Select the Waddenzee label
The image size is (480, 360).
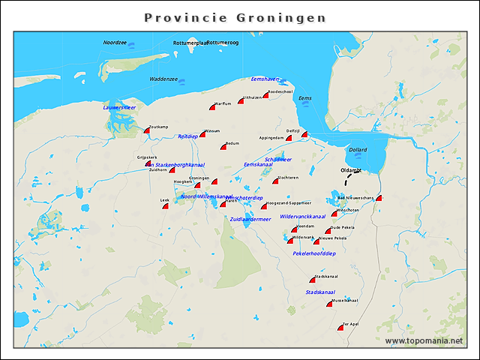pos(163,79)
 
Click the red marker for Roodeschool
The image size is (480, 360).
pos(265,95)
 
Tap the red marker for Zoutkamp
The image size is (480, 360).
pos(148,130)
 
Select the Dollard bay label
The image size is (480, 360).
pos(358,150)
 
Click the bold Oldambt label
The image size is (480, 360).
pos(351,170)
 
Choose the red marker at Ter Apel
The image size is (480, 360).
pos(340,327)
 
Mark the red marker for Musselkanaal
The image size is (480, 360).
pos(329,304)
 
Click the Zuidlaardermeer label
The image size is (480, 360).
pos(250,219)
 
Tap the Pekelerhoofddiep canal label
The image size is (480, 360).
pos(314,254)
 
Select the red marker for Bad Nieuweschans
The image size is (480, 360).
pos(379,198)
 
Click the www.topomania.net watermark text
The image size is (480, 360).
pos(424,340)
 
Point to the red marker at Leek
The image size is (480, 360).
pos(165,205)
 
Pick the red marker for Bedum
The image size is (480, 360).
pos(223,147)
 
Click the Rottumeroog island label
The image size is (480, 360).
pos(223,43)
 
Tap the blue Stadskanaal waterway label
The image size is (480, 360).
pos(320,292)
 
